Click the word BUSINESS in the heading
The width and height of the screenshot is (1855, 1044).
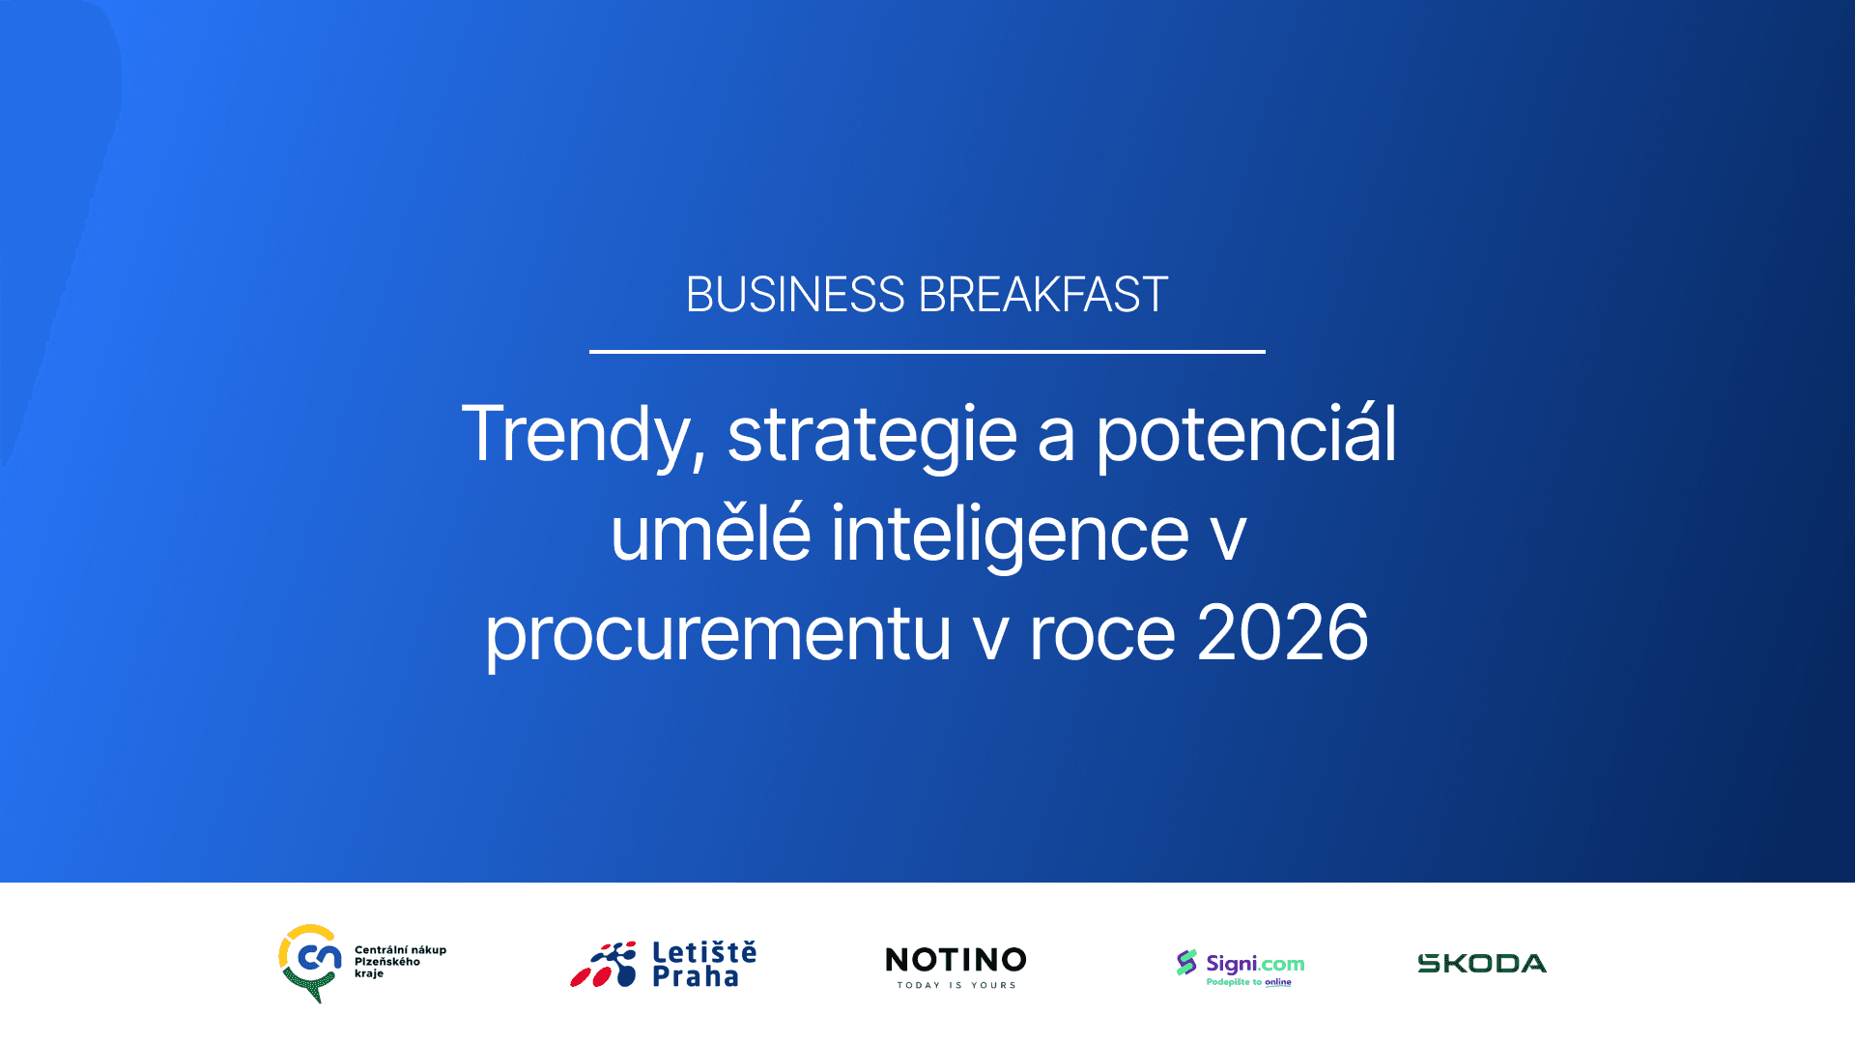(795, 295)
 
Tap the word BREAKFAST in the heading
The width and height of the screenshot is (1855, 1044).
(1043, 295)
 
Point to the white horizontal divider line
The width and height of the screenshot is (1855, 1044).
(927, 352)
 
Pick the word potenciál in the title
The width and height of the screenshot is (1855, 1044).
(1246, 435)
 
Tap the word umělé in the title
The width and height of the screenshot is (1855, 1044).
(710, 533)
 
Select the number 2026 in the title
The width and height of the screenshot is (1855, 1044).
(1282, 634)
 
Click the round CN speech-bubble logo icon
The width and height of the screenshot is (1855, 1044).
(310, 963)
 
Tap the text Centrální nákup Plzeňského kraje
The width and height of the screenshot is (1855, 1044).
(400, 962)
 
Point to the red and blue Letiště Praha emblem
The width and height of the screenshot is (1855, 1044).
(604, 964)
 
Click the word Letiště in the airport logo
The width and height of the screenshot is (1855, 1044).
(704, 952)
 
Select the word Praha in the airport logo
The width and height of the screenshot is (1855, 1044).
(696, 976)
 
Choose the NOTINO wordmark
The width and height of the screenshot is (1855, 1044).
(956, 960)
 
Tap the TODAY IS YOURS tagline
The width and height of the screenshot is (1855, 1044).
(956, 985)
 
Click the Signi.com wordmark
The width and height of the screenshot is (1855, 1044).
(1255, 964)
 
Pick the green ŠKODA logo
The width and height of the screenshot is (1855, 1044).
(1482, 963)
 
